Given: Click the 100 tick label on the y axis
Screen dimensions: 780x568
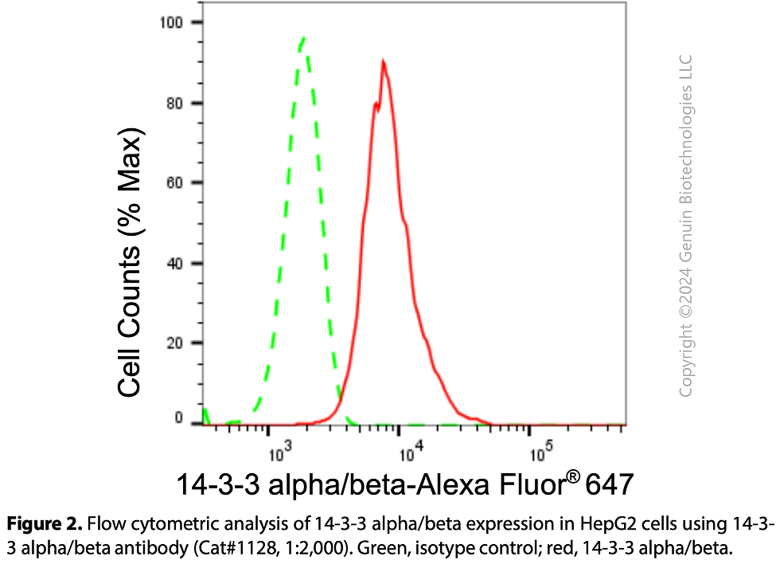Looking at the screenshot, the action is coord(171,22).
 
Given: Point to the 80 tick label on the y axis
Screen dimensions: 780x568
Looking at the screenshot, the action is coord(175,104).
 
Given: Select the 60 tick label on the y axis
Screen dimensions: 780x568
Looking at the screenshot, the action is coord(175,182).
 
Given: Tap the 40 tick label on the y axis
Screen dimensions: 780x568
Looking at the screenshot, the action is coord(175,264).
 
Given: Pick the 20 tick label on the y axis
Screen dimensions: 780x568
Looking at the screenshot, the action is coord(175,343).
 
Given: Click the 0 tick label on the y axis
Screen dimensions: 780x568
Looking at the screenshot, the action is coord(179,418).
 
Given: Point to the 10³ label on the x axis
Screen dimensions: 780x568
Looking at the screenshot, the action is coord(280,452).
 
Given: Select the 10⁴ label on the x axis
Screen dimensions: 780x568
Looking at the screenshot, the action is coord(411,452).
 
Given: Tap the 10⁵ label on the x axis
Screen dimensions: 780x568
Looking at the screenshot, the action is coord(541,452).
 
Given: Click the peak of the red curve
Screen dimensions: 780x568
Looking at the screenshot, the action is coord(383,61).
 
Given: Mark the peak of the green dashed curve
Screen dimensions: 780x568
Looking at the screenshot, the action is coord(303,37).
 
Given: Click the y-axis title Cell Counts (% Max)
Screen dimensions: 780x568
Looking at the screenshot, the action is coord(130,262).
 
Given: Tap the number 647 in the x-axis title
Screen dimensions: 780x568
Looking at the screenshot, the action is coord(610,484).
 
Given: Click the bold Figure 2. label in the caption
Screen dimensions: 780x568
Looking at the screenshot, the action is coord(45,524).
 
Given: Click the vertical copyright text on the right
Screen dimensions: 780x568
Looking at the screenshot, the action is coord(685,225).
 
